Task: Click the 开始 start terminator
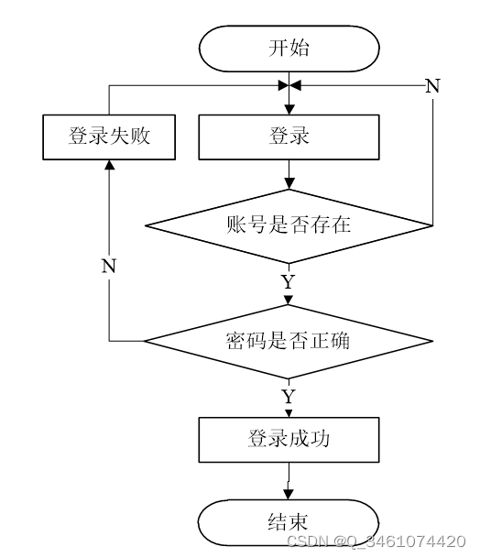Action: point(289,49)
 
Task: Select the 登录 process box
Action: point(289,137)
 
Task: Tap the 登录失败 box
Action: point(109,137)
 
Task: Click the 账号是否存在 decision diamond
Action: point(289,226)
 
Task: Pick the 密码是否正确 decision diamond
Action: point(289,341)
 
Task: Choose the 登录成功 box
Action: point(289,440)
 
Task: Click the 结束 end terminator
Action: point(289,522)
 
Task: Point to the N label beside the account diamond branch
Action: point(432,86)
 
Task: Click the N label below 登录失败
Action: point(109,267)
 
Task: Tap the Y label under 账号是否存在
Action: point(289,282)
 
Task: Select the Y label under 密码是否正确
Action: point(289,397)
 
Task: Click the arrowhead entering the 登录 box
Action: point(289,110)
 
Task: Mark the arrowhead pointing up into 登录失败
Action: point(109,165)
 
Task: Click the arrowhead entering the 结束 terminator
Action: point(289,494)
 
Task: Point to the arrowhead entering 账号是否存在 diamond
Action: point(289,184)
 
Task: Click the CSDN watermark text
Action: point(376,542)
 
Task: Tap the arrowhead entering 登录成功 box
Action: point(289,413)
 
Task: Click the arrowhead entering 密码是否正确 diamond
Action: point(289,300)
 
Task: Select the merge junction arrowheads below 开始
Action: point(289,85)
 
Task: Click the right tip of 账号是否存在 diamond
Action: point(432,225)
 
